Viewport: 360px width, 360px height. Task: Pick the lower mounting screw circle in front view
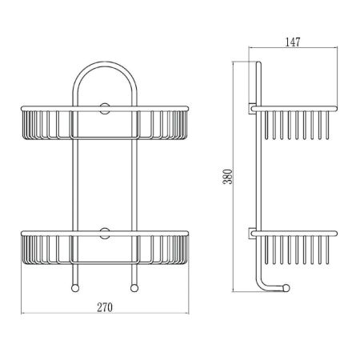pyautogui.click(x=104, y=235)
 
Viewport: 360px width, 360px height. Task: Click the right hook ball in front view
pyautogui.click(x=133, y=289)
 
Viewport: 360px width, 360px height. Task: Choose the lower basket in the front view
pyautogui.click(x=104, y=251)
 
